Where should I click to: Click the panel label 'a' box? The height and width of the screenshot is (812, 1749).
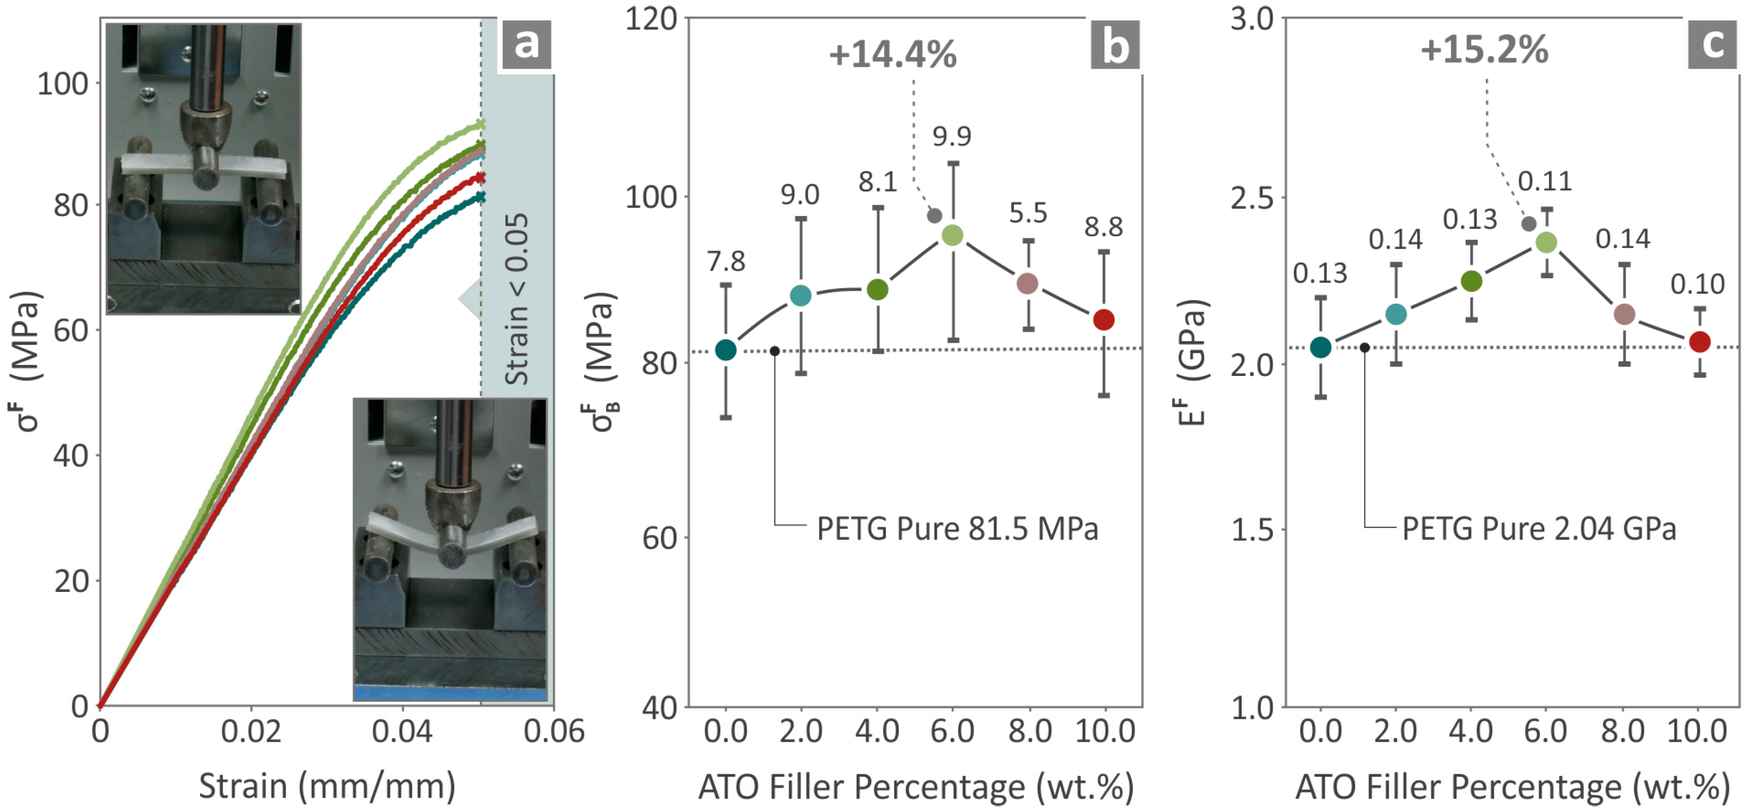point(526,45)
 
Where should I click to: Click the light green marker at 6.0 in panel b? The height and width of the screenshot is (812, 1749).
point(952,236)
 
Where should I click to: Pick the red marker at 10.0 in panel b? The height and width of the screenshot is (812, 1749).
point(1104,319)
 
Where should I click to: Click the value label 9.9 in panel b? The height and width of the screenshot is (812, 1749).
point(951,136)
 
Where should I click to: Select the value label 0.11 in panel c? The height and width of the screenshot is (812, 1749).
point(1544,181)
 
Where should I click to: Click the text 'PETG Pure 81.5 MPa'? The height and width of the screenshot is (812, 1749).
point(956,529)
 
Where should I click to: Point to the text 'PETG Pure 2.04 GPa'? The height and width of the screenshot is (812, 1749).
point(1538,529)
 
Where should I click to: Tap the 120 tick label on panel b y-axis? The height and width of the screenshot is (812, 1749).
point(651,19)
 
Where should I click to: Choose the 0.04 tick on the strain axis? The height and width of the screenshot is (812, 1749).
point(402,731)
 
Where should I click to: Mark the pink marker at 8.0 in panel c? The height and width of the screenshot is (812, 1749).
point(1624,314)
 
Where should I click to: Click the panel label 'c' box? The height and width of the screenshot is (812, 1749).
point(1712,45)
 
